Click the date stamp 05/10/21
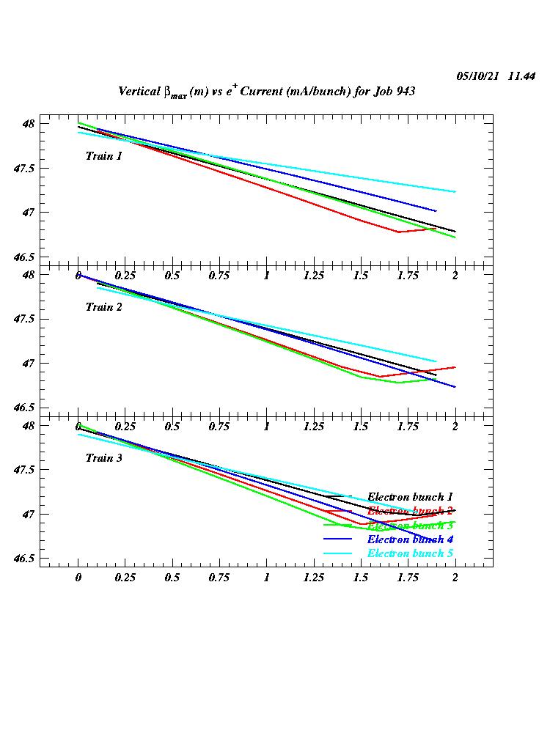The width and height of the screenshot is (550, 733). click(x=477, y=76)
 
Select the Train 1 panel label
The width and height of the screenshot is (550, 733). click(x=103, y=156)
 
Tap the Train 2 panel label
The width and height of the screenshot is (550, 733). click(x=103, y=307)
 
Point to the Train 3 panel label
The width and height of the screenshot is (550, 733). click(x=103, y=458)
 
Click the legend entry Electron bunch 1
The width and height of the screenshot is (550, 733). click(x=410, y=497)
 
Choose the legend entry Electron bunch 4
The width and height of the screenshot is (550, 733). click(x=410, y=539)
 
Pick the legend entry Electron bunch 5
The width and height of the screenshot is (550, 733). click(x=410, y=553)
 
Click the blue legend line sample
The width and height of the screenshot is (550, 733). click(x=338, y=539)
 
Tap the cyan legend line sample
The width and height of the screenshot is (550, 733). click(x=338, y=553)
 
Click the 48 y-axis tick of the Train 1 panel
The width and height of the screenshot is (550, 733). click(x=28, y=124)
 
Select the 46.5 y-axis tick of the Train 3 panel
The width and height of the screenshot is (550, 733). click(x=23, y=559)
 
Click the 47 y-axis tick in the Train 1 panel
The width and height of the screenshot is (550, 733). click(x=28, y=213)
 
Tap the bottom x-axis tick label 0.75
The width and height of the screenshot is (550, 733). click(x=219, y=578)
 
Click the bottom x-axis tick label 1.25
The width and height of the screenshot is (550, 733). click(x=314, y=578)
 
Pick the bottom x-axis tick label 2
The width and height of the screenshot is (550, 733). click(x=455, y=578)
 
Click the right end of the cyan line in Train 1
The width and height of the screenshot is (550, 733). click(x=455, y=192)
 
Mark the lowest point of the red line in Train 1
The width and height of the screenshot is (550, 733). click(x=398, y=232)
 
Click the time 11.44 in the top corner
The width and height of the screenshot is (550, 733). click(x=521, y=76)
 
